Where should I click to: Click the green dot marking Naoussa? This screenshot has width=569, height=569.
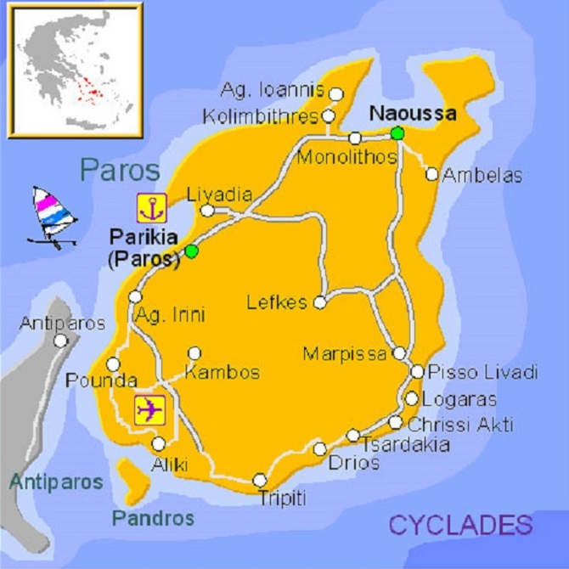tap(397, 132)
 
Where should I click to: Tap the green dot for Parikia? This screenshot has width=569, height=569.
tap(192, 251)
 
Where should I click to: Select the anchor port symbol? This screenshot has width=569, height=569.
tap(149, 209)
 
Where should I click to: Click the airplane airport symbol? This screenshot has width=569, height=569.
tap(149, 409)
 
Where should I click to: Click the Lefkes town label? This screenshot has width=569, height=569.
tap(276, 302)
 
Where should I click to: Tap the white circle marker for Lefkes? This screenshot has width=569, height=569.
tap(319, 301)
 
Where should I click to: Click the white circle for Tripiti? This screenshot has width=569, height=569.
tap(259, 481)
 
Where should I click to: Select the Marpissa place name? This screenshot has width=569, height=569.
tap(345, 353)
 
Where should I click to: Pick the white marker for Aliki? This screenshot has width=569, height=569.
tap(159, 443)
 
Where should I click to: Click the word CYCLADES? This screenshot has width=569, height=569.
tap(460, 525)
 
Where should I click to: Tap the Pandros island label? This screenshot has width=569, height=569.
tap(153, 518)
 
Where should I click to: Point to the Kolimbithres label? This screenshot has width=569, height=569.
tap(261, 116)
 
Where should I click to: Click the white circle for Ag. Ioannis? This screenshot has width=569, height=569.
tap(336, 94)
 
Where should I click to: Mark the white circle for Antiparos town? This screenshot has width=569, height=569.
tap(60, 341)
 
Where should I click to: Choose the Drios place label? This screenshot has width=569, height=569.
tap(355, 463)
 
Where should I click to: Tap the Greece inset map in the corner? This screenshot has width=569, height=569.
tap(74, 70)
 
